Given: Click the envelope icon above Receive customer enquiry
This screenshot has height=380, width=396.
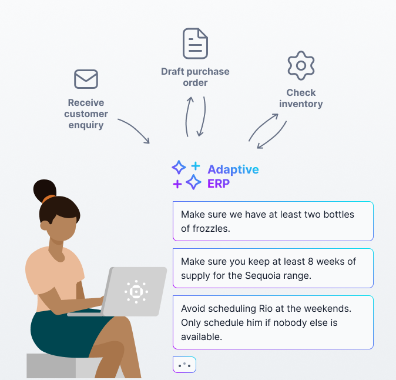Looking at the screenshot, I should [86, 79].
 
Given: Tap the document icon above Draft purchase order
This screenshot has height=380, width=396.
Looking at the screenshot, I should [195, 43].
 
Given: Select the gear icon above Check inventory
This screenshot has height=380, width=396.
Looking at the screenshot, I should [301, 65].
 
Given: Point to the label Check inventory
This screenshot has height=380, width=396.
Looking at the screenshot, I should [301, 98].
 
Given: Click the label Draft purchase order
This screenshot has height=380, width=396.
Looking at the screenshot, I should [195, 77].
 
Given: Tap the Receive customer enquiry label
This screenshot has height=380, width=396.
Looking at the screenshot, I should [86, 114].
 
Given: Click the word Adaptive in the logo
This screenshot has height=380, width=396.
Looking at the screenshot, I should [233, 169].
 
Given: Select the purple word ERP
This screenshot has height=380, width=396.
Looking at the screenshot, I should [219, 184].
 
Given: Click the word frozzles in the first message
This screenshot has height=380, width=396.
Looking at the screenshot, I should [210, 228].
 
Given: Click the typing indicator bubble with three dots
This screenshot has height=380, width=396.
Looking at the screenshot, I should [184, 365].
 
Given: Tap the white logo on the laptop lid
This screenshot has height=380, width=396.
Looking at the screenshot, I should [136, 291].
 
